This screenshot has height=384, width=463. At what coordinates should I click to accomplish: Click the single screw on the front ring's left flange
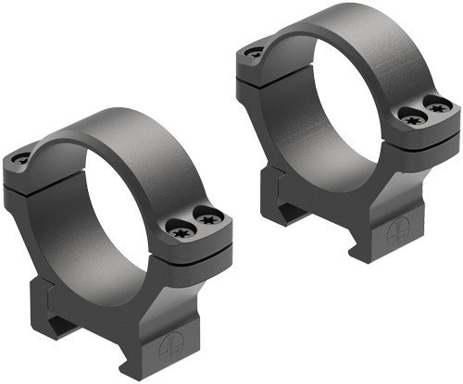tap(20, 159)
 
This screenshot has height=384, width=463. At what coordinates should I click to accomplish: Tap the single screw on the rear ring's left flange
tap(253, 54)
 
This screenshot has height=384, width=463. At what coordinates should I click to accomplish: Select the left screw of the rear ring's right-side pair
tap(410, 115)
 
